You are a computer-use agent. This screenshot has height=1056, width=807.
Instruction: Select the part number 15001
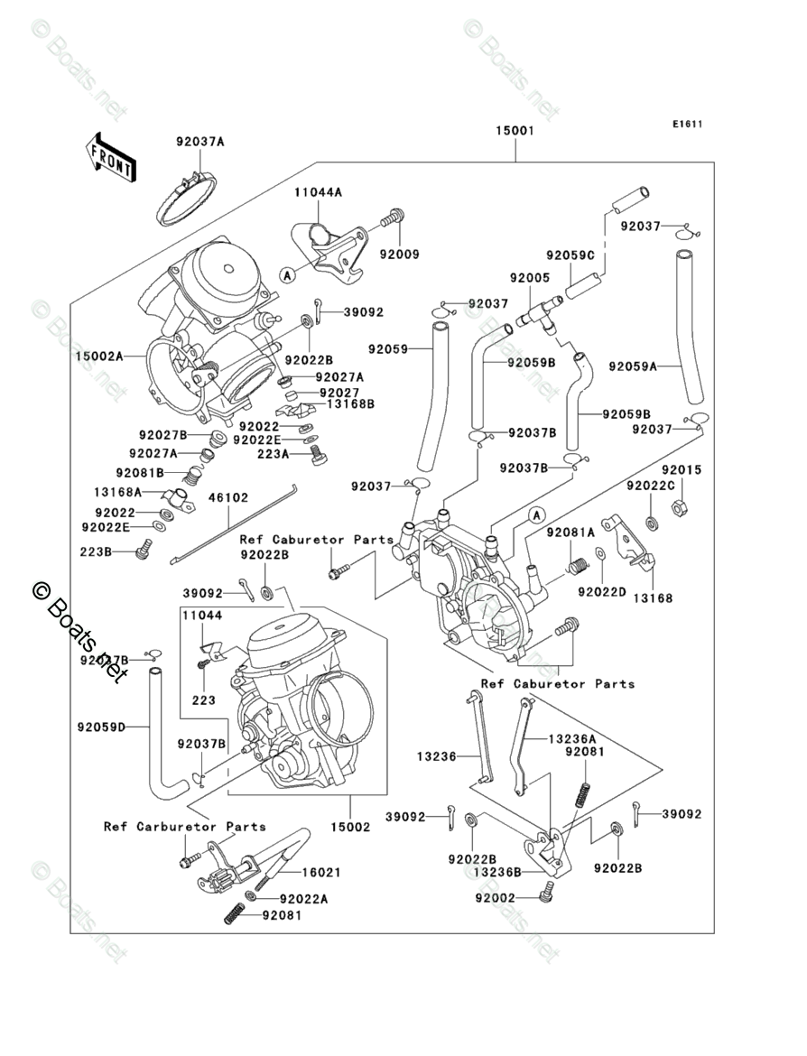(x=515, y=131)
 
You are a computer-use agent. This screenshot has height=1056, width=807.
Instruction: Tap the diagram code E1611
(x=686, y=125)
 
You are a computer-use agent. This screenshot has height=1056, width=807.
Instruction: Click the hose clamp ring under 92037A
(x=188, y=200)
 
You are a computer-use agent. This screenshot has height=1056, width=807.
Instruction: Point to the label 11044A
(x=317, y=192)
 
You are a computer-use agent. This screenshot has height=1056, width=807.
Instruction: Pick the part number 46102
(x=228, y=497)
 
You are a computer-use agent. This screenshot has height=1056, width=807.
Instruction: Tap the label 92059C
(x=570, y=256)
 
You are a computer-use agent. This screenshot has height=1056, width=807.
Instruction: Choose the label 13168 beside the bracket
(x=652, y=597)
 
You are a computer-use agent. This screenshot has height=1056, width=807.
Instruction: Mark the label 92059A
(x=632, y=366)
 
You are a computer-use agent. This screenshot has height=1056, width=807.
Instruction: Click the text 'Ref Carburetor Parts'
(x=184, y=826)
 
